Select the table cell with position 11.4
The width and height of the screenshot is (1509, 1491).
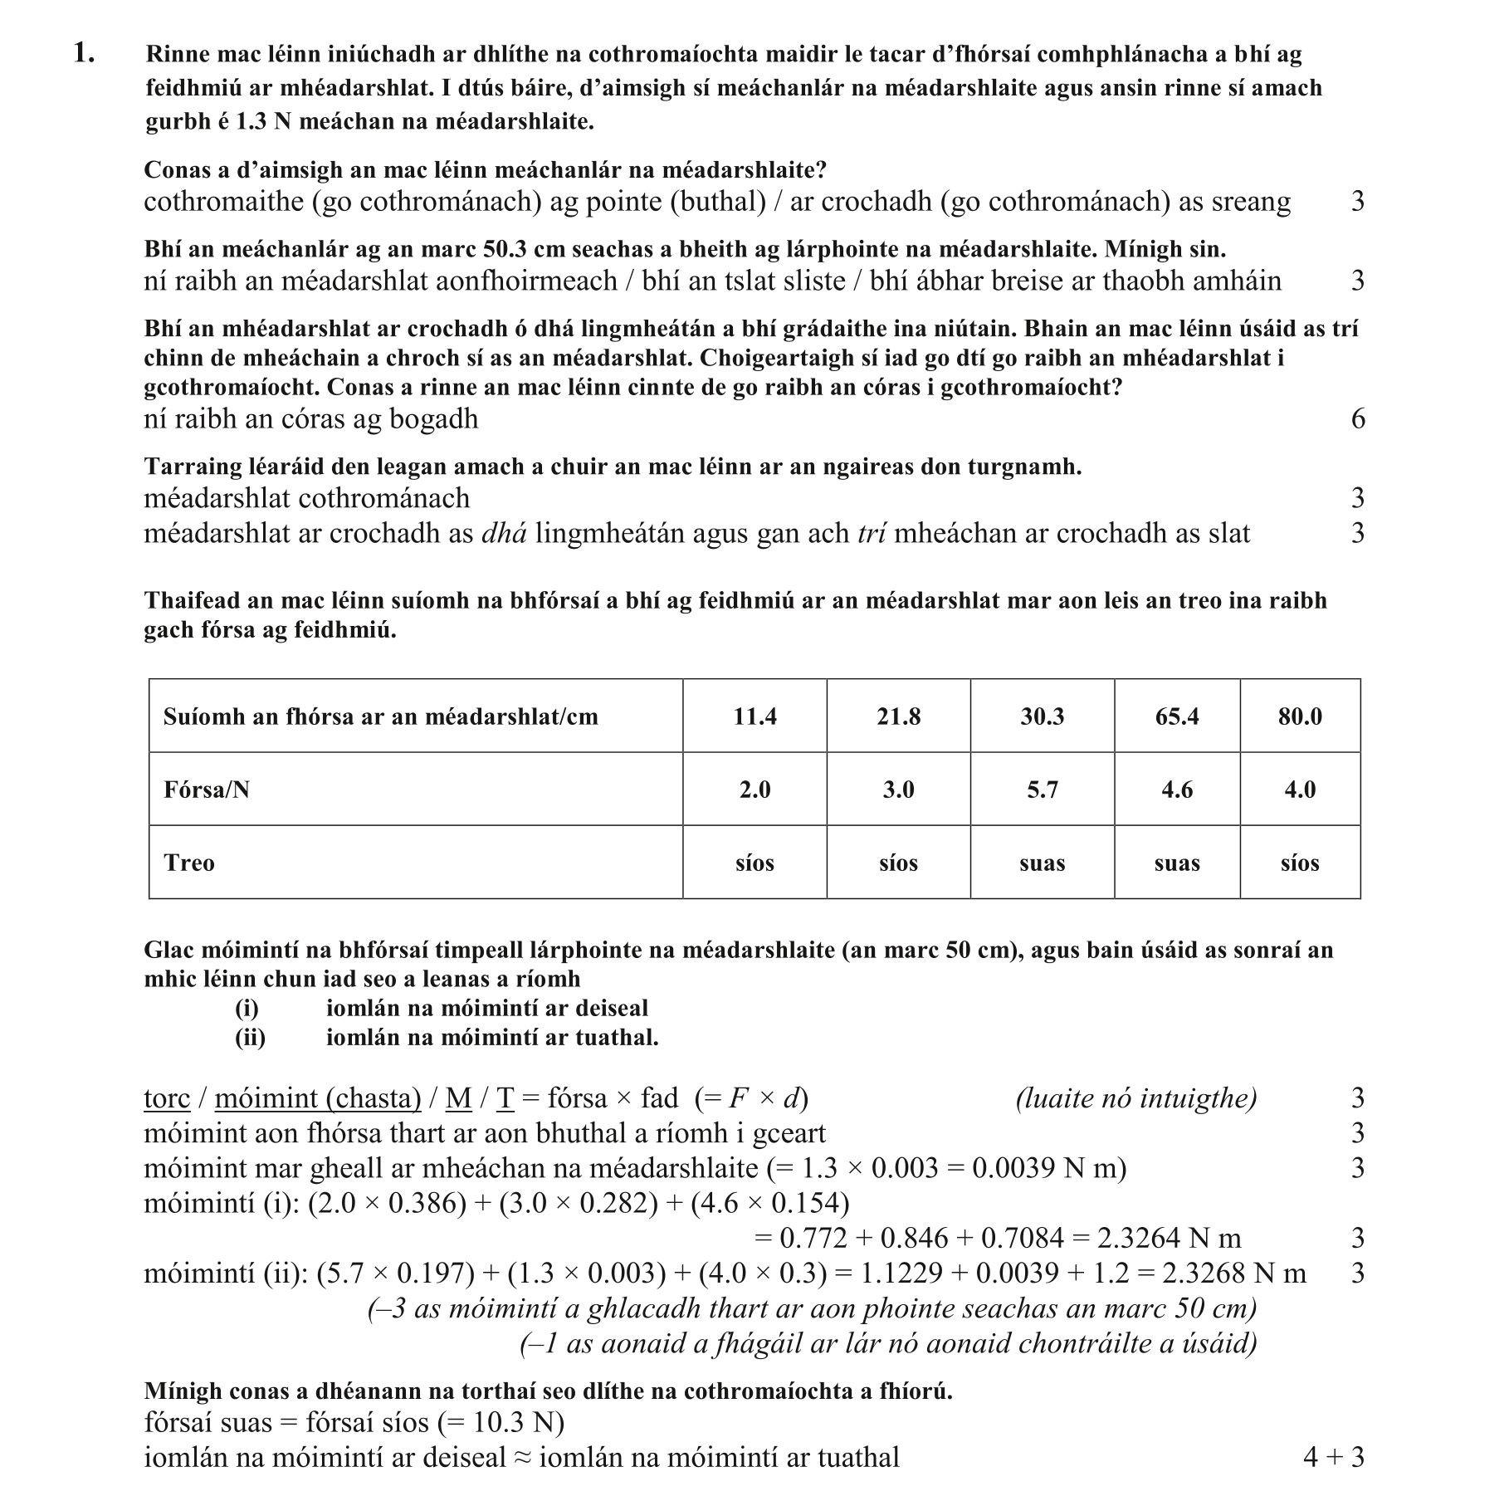pos(754,716)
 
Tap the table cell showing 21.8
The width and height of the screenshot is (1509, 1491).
pos(898,716)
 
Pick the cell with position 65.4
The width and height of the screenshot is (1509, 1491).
pos(1176,716)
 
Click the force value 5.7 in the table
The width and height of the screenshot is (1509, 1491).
pos(1042,789)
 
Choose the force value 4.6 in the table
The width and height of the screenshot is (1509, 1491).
pos(1176,789)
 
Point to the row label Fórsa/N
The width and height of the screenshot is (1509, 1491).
pos(207,789)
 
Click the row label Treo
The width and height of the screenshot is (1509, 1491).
pos(189,863)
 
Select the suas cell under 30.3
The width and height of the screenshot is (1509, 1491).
pos(1042,863)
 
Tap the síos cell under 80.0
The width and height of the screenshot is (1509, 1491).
pos(1299,863)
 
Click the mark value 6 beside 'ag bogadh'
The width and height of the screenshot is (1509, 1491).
pos(1357,418)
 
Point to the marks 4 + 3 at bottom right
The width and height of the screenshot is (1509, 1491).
pos(1333,1457)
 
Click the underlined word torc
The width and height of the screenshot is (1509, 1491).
pos(167,1098)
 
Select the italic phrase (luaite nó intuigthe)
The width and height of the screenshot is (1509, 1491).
pos(1135,1098)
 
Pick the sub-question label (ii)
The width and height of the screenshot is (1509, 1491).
pos(250,1038)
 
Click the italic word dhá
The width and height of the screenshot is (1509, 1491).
pos(504,533)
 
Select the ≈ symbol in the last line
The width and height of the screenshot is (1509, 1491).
pos(522,1458)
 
